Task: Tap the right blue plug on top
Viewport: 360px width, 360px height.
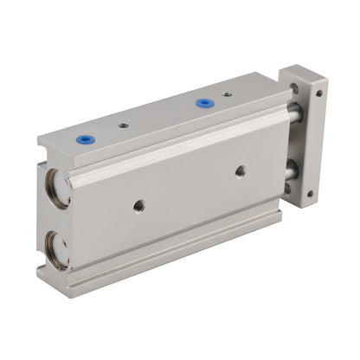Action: (204, 102)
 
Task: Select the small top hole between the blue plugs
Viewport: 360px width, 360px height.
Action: (123, 125)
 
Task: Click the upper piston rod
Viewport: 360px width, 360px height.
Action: (294, 112)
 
